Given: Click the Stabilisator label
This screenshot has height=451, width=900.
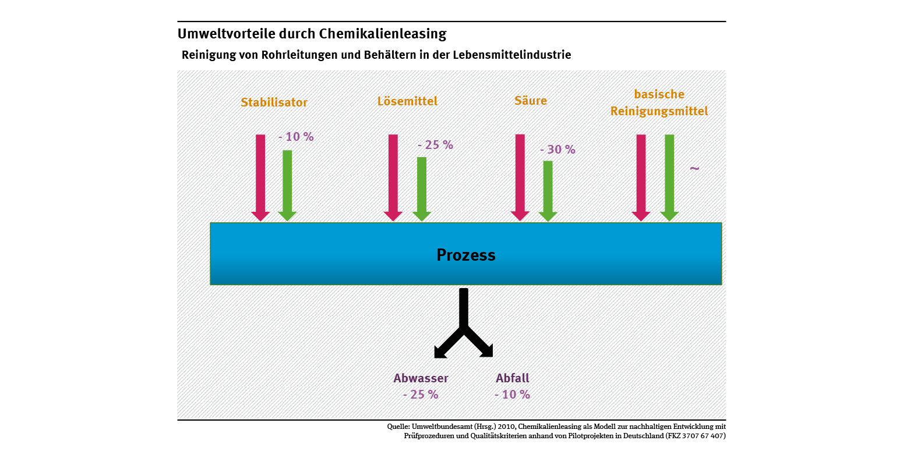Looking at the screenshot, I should [x=274, y=102].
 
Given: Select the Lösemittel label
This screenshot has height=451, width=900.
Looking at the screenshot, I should [x=407, y=101].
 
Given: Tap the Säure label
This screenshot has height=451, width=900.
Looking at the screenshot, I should [x=531, y=101].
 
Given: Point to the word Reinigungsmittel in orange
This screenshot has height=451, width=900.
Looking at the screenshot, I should [x=659, y=111].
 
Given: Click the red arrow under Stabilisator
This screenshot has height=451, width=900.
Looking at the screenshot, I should [x=260, y=175].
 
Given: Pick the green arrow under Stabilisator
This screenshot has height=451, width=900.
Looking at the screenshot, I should [x=287, y=183].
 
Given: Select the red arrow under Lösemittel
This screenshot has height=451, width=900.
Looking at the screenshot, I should [x=393, y=175].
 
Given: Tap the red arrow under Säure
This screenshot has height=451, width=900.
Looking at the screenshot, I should [x=520, y=175].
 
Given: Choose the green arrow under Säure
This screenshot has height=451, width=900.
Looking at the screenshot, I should [x=548, y=188].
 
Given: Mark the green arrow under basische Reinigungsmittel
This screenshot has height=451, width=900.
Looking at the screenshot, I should [x=669, y=175].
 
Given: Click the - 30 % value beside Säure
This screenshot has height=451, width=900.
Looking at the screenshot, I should [x=557, y=150].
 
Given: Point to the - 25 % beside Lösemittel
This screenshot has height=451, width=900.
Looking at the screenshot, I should [x=435, y=145].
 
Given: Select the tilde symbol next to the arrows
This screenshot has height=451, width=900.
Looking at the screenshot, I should [x=694, y=169].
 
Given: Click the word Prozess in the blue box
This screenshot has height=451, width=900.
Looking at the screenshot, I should [x=466, y=255].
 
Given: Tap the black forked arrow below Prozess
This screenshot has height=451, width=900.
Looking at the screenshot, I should [x=464, y=326].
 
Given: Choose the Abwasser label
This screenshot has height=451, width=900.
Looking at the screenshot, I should [x=421, y=378].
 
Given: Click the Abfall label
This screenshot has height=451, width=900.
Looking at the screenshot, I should [x=513, y=378].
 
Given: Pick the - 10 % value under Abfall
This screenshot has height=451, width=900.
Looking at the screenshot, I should [x=513, y=395].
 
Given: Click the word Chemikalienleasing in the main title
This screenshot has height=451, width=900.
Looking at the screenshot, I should [x=383, y=34].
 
